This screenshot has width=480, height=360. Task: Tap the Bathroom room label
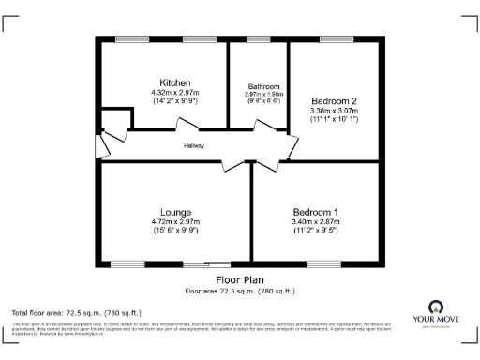257,86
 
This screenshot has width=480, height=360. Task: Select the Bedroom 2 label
335,99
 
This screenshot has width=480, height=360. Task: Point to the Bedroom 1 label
316,212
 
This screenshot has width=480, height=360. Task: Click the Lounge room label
175,212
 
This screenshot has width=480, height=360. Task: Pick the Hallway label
194,145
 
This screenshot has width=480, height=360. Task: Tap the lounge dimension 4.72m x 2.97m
175,221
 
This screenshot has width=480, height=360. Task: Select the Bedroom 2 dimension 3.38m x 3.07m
335,111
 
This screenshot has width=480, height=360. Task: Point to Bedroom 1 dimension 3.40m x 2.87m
316,221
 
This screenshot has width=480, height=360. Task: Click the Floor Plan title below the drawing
240,279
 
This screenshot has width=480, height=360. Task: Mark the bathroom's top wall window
257,37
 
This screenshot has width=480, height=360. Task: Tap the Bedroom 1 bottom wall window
322,263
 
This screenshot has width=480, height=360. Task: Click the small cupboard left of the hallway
113,119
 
